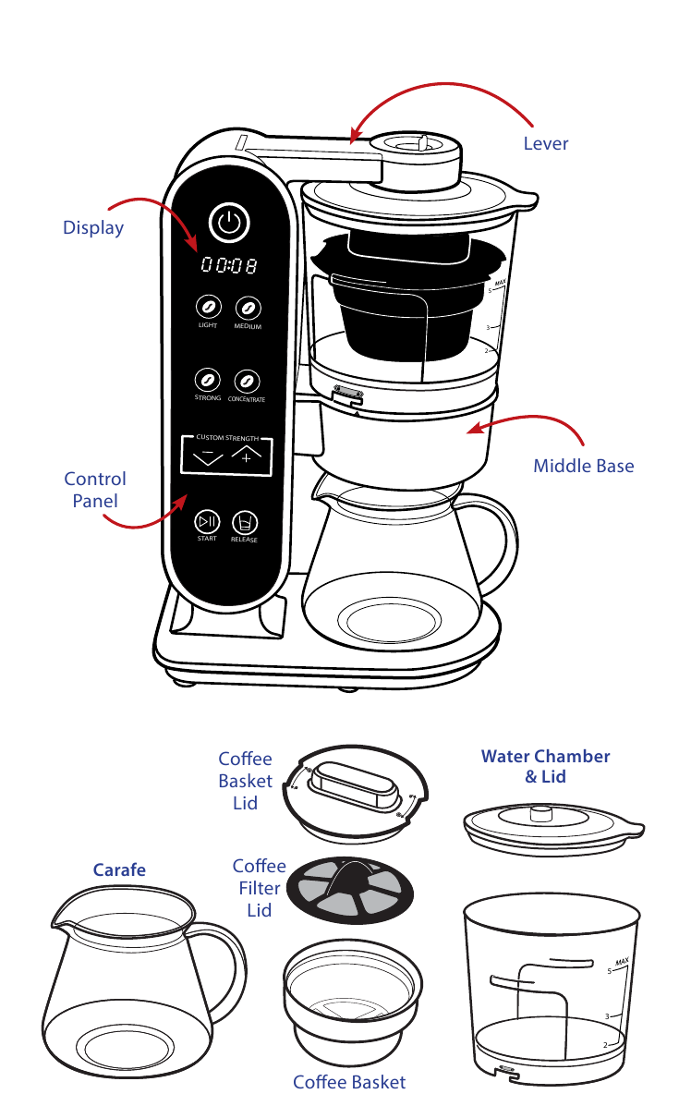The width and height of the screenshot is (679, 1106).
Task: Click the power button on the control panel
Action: click(x=229, y=222)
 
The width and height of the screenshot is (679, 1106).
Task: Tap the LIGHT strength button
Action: click(x=208, y=308)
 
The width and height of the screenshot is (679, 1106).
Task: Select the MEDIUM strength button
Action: click(x=247, y=308)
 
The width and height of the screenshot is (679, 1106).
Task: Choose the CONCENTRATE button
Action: click(x=246, y=380)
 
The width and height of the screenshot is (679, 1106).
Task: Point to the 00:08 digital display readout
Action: click(x=228, y=266)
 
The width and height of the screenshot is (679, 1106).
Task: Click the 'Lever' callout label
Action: click(x=545, y=143)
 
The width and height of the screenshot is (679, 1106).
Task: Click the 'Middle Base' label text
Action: click(x=583, y=466)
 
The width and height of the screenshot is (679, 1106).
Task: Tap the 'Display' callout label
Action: click(x=93, y=227)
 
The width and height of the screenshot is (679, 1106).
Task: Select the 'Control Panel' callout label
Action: click(x=95, y=490)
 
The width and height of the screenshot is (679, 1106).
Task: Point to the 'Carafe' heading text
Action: click(x=119, y=869)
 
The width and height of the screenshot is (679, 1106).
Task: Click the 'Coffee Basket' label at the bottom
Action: click(x=349, y=1082)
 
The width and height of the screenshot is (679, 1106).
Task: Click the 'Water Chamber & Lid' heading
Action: click(x=545, y=766)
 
